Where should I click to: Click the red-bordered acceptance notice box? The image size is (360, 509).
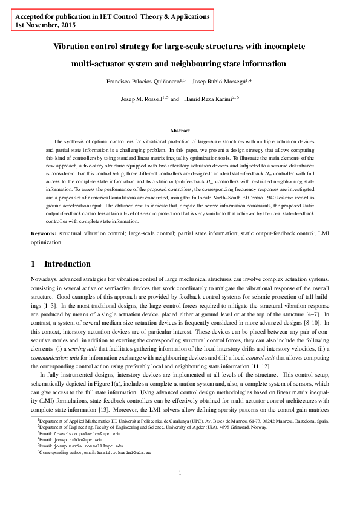pyautogui.click(x=113, y=22)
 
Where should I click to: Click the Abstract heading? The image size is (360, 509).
pyautogui.click(x=180, y=131)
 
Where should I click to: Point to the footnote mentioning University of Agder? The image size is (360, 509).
pyautogui.click(x=157, y=427)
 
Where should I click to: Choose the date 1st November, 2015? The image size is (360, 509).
pyautogui.click(x=41, y=27)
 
